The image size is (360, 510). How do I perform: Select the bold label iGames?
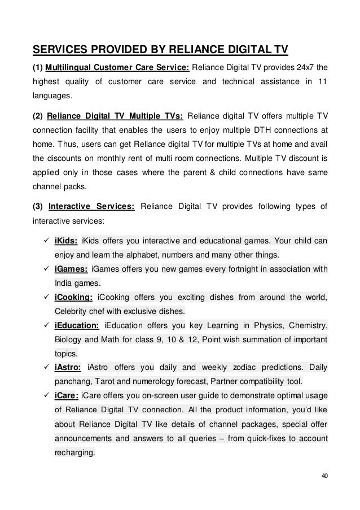click(x=71, y=269)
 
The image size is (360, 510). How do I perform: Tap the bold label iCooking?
click(x=73, y=297)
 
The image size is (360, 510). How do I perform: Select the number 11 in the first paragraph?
click(x=322, y=82)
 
